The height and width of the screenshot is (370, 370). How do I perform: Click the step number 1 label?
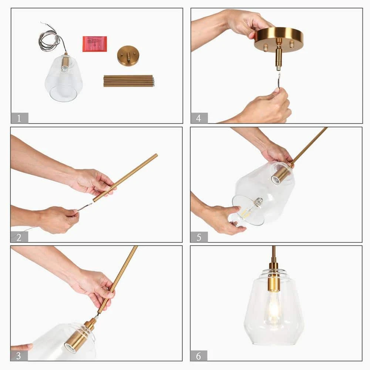coord(20,118)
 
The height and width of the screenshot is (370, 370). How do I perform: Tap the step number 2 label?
coord(19,237)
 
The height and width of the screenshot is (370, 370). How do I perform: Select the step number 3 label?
coord(19,356)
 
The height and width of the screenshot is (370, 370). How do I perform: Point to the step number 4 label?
coord(199,118)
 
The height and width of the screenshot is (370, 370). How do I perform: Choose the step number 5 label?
coord(199,237)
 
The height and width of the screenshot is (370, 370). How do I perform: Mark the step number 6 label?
coord(199,356)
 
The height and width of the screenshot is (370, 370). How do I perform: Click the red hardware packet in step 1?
coord(95,44)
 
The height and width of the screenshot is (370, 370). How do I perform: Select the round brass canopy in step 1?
coord(128,56)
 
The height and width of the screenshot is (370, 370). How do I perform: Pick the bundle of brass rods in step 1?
coord(129,81)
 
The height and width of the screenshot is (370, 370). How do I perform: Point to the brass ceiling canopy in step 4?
coord(279,40)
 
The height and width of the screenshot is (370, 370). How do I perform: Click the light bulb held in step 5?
coord(250,208)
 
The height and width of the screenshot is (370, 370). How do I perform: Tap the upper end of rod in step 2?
coord(156,155)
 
